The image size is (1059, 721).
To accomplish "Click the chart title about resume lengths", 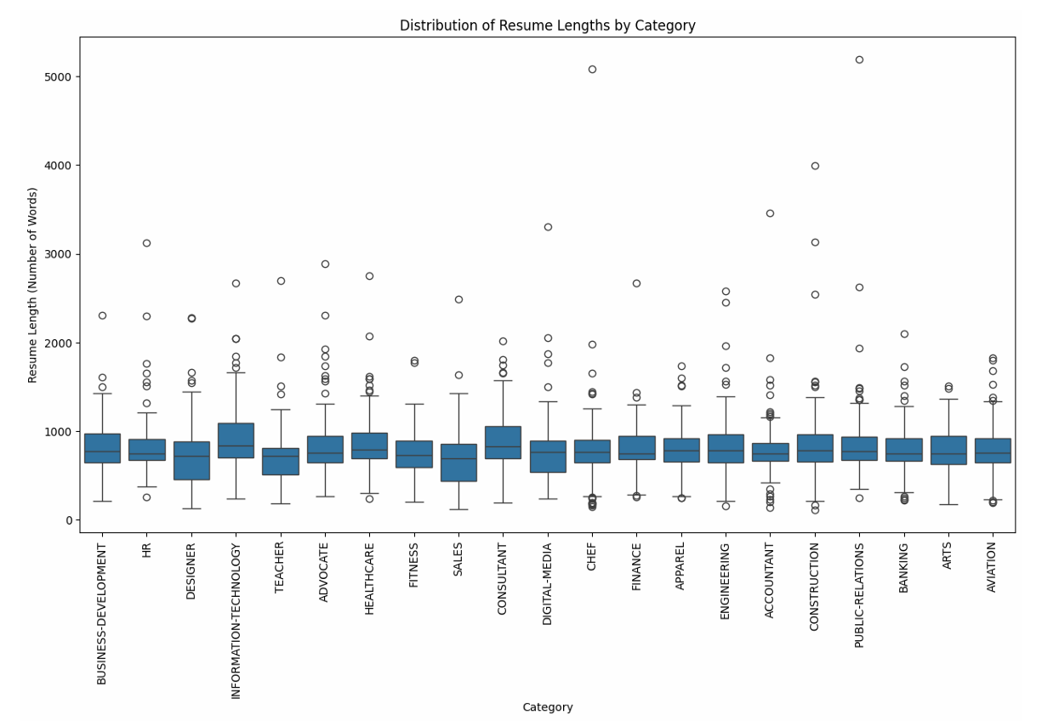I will (x=547, y=26).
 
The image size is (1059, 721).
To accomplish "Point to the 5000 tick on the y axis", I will (x=63, y=77).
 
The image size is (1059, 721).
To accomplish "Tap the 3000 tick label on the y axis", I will (x=63, y=254).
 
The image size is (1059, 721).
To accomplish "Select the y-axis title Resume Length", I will (x=32, y=285).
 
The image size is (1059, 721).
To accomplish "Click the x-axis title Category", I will (x=547, y=707).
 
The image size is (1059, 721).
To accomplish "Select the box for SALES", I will (x=458, y=463).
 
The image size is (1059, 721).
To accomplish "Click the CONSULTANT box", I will (x=503, y=442).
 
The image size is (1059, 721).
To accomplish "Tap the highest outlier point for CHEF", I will (x=592, y=69).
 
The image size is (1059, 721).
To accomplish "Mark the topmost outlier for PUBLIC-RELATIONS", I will (x=859, y=60).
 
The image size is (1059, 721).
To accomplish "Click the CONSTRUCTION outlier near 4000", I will (x=815, y=166).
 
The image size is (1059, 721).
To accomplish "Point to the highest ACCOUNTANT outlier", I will (x=770, y=213).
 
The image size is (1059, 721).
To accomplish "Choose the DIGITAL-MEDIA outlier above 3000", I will (x=548, y=227).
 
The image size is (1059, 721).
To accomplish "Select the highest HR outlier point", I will (x=146, y=243).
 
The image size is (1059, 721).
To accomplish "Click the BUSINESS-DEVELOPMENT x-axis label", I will (x=102, y=614).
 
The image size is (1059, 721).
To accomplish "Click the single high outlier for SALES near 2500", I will (x=458, y=299).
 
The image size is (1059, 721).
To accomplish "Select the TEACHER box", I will (x=281, y=461).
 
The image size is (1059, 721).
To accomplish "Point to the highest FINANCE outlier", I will (x=636, y=283).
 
